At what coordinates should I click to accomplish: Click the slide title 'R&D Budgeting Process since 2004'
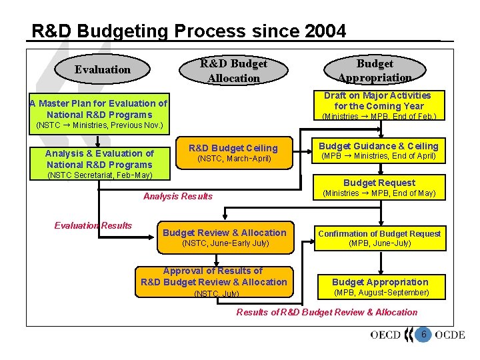point(189,31)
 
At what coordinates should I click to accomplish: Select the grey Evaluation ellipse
point(102,69)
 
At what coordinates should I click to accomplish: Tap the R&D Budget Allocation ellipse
point(233,71)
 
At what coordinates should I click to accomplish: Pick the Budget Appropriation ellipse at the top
point(375,70)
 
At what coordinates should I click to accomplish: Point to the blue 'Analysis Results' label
point(178,196)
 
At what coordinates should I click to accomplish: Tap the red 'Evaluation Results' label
point(93,225)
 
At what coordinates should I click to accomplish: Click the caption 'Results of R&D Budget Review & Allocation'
point(327,312)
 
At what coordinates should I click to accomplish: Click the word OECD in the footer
point(391,335)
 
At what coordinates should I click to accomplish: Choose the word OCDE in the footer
point(449,335)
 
